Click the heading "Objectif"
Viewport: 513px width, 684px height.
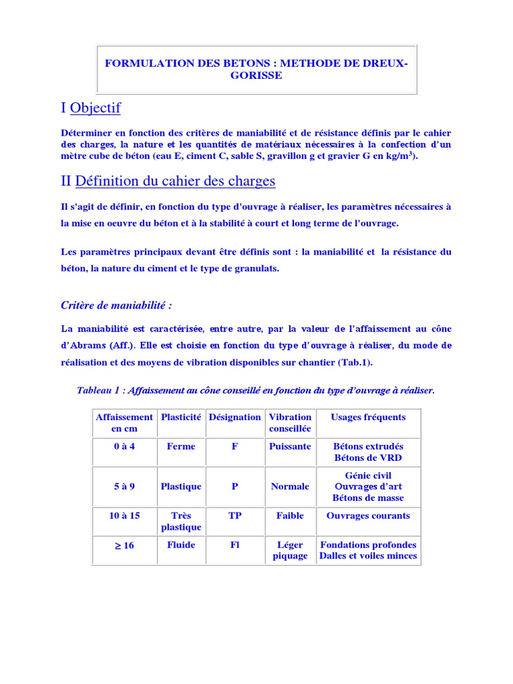[x=95, y=108]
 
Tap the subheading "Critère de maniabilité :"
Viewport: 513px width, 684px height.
[x=116, y=305]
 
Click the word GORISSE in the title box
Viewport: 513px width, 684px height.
[x=257, y=75]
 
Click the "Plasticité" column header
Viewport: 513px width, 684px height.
[x=181, y=417]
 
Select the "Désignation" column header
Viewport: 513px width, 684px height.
[x=234, y=417]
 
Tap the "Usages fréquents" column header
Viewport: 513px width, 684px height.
[x=368, y=417]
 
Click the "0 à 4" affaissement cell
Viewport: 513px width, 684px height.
[x=124, y=446]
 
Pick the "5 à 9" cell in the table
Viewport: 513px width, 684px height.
[x=124, y=486]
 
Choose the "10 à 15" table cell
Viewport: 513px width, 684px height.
[x=124, y=516]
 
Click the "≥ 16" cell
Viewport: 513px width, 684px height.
[x=124, y=545]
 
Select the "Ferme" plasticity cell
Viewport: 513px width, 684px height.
[x=181, y=446]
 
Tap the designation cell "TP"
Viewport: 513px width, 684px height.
[x=234, y=516]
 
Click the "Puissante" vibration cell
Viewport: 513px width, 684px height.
[x=290, y=446]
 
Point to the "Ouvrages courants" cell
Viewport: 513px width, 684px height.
[x=368, y=516]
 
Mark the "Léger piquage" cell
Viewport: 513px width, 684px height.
[x=290, y=550]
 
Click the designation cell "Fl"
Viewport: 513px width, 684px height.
[x=234, y=545]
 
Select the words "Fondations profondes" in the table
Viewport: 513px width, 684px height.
[x=368, y=545]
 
